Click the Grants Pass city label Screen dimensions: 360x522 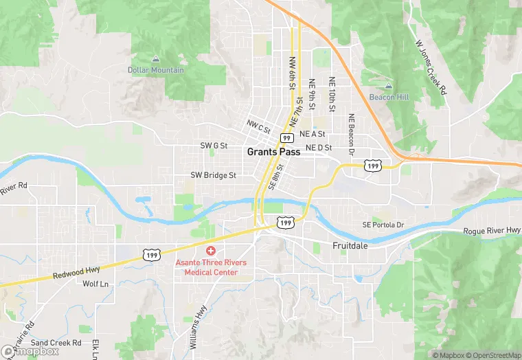coord(273,152)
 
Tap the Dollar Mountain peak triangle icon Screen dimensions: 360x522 coord(156,59)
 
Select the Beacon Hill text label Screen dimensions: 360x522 coord(388,98)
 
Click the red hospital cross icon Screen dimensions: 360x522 coord(211,251)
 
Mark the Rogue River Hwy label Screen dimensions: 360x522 coord(492,231)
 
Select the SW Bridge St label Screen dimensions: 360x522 coord(213,175)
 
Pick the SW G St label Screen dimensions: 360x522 coord(214,146)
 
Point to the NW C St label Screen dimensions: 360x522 coord(259,126)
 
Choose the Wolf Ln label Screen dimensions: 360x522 coord(95,284)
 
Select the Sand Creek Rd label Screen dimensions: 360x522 coord(56,342)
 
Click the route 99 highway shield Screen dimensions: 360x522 coord(286,138)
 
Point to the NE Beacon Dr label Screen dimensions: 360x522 coord(350,132)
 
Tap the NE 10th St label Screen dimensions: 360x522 coord(332,94)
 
